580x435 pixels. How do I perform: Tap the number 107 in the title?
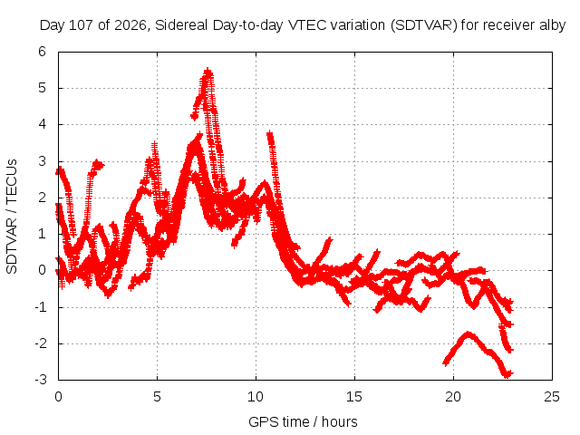[x=82, y=25]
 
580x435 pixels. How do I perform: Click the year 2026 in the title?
[x=130, y=25]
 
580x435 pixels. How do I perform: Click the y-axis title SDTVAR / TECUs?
[x=12, y=217]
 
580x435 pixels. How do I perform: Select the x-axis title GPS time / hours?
[x=303, y=422]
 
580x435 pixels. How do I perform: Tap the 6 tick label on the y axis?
[x=43, y=52]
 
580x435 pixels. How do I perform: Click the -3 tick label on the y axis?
[x=41, y=380]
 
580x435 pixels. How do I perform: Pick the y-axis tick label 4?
[x=43, y=124]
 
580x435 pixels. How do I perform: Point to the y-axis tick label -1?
[x=41, y=306]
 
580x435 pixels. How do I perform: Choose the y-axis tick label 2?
[x=43, y=198]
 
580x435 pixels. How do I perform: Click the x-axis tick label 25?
[x=552, y=397]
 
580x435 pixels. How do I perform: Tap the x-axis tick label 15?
[x=354, y=397]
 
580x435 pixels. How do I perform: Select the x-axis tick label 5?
[x=157, y=397]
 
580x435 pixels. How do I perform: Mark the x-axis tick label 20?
[x=453, y=397]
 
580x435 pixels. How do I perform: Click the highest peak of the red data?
[x=208, y=71]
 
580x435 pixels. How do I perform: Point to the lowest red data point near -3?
[x=506, y=375]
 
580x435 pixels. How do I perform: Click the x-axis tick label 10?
[x=256, y=397]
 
